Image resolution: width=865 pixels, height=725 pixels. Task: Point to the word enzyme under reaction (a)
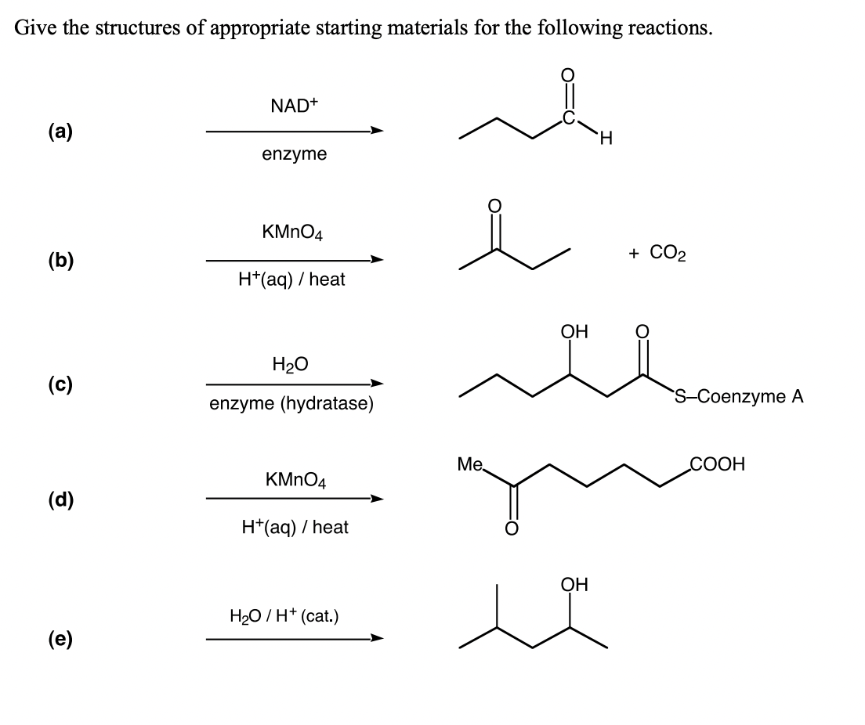click(x=294, y=154)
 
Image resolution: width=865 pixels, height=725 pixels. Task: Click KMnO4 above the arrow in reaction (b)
click(x=294, y=233)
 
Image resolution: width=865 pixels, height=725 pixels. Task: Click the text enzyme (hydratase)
click(x=291, y=405)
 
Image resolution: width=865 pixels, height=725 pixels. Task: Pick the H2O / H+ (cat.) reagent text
click(x=284, y=615)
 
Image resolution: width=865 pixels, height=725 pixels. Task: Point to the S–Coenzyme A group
click(x=738, y=396)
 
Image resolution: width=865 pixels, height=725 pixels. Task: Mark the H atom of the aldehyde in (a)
click(x=606, y=141)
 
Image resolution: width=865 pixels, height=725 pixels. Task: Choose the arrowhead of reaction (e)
click(x=378, y=639)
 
